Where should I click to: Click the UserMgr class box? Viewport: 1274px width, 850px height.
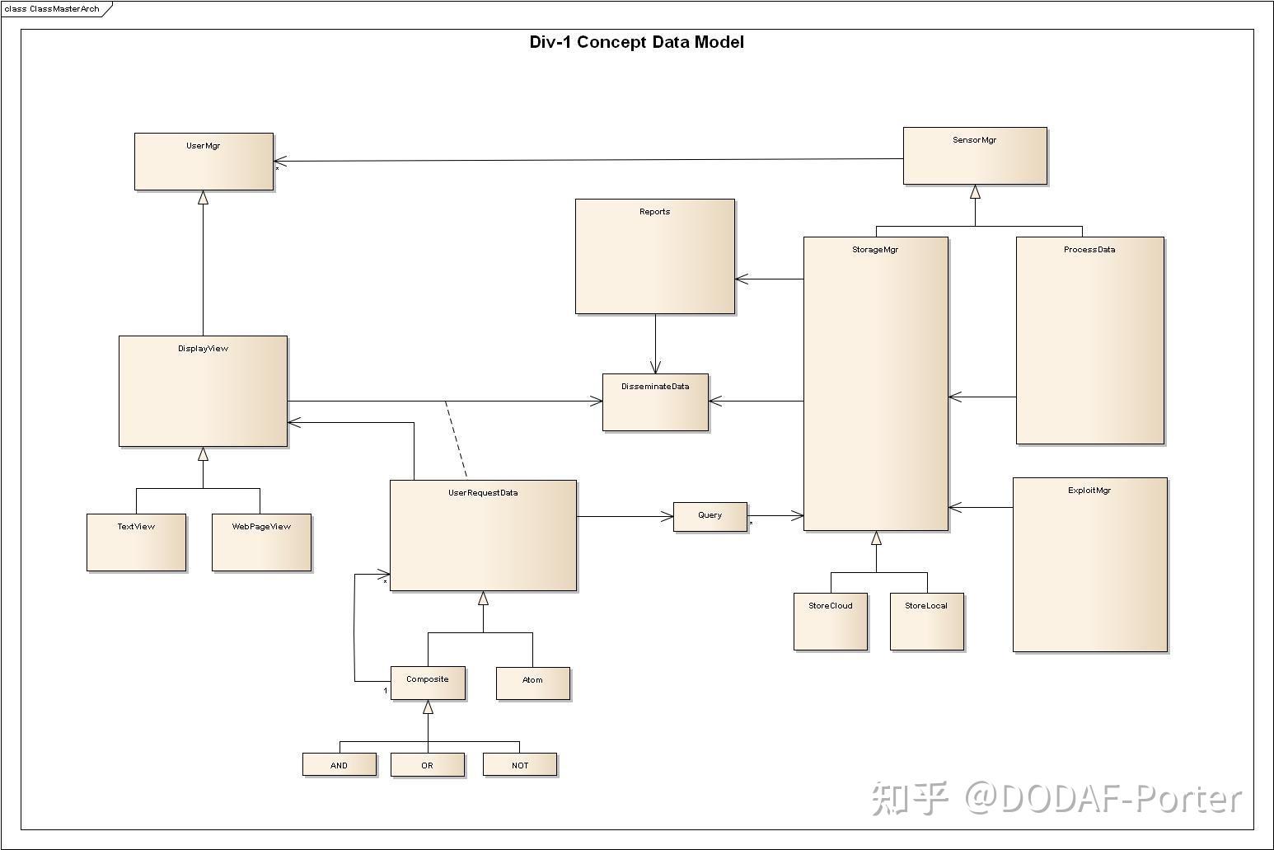pyautogui.click(x=204, y=162)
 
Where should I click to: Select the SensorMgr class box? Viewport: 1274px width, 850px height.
pyautogui.click(x=975, y=156)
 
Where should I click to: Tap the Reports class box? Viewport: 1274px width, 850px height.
pyautogui.click(x=654, y=256)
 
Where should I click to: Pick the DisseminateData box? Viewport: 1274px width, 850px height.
pyautogui.click(x=655, y=402)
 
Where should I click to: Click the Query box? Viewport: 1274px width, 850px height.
pyautogui.click(x=710, y=517)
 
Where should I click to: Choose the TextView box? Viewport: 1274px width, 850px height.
pyautogui.click(x=136, y=542)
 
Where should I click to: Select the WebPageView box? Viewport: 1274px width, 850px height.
pyautogui.click(x=261, y=542)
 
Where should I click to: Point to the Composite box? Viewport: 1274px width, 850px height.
pyautogui.click(x=428, y=683)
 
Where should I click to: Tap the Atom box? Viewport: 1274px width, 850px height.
pyautogui.click(x=532, y=683)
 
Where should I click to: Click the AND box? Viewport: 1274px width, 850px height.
pyautogui.click(x=340, y=765)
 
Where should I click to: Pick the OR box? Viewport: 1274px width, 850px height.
pyautogui.click(x=427, y=765)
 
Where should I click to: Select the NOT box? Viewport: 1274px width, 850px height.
pyautogui.click(x=520, y=765)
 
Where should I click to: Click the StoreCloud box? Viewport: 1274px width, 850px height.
pyautogui.click(x=831, y=622)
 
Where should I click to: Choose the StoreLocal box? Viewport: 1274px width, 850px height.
pyautogui.click(x=926, y=622)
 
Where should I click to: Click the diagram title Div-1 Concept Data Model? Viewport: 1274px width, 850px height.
pyautogui.click(x=636, y=42)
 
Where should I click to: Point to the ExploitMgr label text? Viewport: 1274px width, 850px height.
pyautogui.click(x=1089, y=491)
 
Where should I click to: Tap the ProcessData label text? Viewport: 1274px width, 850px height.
pyautogui.click(x=1089, y=250)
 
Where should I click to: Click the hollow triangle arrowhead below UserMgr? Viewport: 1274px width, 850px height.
pyautogui.click(x=203, y=198)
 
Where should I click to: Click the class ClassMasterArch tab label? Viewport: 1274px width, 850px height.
pyautogui.click(x=52, y=9)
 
